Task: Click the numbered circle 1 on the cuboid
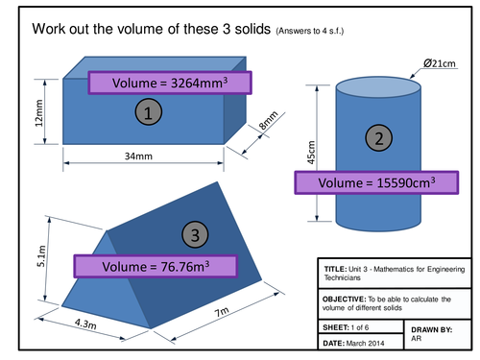(147, 114)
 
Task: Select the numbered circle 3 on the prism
(194, 234)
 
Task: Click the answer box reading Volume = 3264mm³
(165, 83)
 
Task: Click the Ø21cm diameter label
(429, 63)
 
